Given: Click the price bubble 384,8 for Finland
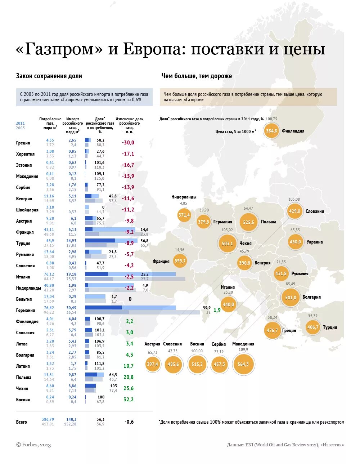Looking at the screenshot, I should [x=271, y=131].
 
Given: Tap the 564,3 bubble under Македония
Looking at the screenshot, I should [x=243, y=364].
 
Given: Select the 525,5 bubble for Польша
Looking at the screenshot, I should [x=248, y=222].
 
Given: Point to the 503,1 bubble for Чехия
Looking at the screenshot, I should [x=227, y=244].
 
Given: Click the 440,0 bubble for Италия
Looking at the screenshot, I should [x=228, y=304].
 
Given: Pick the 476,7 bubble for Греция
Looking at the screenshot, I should [x=272, y=330].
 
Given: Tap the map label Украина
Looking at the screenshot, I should [x=315, y=242].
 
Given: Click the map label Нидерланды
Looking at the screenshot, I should [x=184, y=197].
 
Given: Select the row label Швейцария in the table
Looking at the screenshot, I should [x=27, y=210].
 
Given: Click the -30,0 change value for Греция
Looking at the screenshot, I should [x=128, y=143].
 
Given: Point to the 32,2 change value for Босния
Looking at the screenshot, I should [x=128, y=400].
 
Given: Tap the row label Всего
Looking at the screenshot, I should [x=22, y=422].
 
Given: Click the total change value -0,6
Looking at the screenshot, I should [x=129, y=422].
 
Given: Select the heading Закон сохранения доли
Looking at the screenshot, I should [x=49, y=76].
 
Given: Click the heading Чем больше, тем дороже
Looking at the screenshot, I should [x=197, y=76].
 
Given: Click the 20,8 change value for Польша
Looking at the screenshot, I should [x=128, y=377].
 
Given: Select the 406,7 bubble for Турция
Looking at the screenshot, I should [x=312, y=327].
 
